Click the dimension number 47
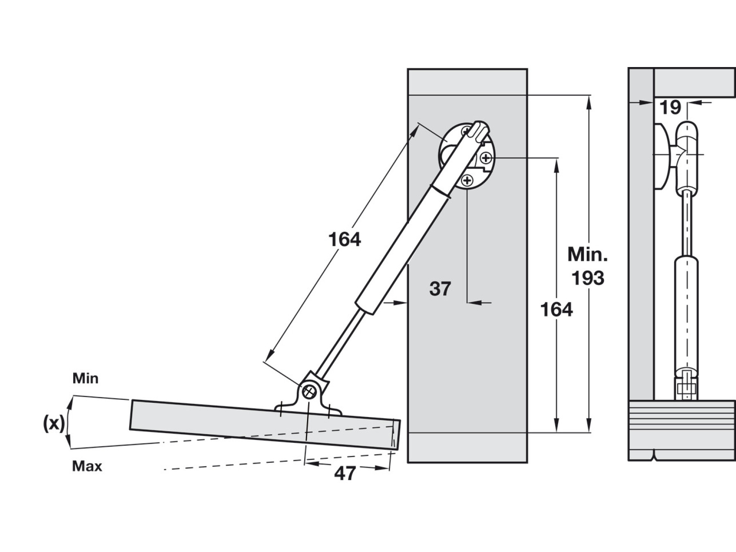click(345, 473)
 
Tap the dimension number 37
click(440, 289)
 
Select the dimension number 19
click(670, 108)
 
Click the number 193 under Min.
click(588, 278)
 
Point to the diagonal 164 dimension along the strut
click(345, 240)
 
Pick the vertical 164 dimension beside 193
click(556, 310)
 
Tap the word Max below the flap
click(87, 466)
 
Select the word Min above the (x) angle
click(85, 379)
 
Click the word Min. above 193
click(588, 255)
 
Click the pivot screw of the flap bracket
click(310, 392)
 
